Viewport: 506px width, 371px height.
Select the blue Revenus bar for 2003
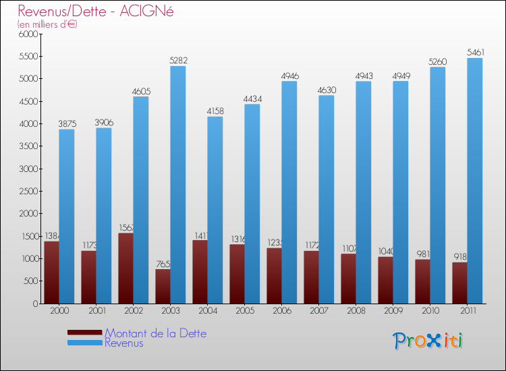pyautogui.click(x=177, y=185)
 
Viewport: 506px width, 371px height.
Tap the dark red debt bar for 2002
pyautogui.click(x=125, y=268)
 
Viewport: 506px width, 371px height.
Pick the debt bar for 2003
pyautogui.click(x=163, y=287)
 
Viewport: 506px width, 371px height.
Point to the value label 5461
pyautogui.click(x=474, y=52)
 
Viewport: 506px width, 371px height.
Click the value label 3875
pyautogui.click(x=66, y=123)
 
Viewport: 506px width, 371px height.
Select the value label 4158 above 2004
pyautogui.click(x=215, y=111)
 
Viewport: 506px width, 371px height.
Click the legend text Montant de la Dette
pyautogui.click(x=155, y=333)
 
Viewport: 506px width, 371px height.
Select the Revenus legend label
pyautogui.click(x=124, y=343)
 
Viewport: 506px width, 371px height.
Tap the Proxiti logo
pyautogui.click(x=428, y=341)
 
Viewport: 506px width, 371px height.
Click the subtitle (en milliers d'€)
pyautogui.click(x=47, y=24)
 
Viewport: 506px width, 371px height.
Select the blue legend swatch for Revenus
pyautogui.click(x=84, y=343)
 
